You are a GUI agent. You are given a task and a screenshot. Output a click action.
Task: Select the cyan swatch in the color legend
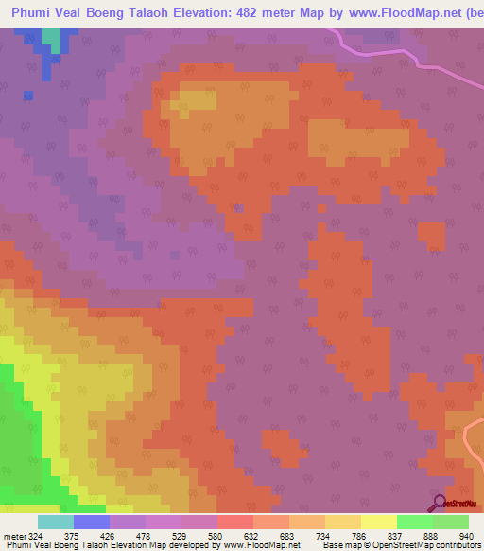pos(56,522)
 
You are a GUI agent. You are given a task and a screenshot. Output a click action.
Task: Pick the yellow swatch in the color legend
pos(378,522)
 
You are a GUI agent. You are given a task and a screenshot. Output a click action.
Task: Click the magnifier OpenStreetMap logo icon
pos(438,503)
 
